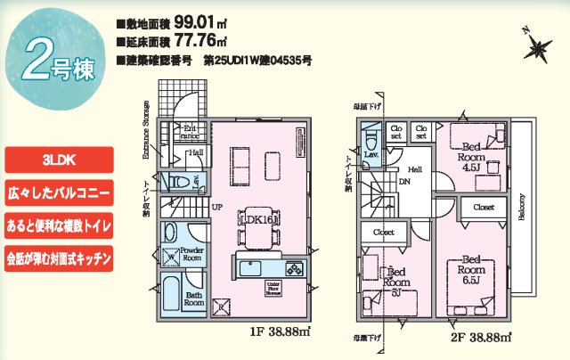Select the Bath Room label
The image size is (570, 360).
point(195,300)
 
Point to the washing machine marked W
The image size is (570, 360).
point(172,259)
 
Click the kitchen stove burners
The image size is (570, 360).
point(294,268)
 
